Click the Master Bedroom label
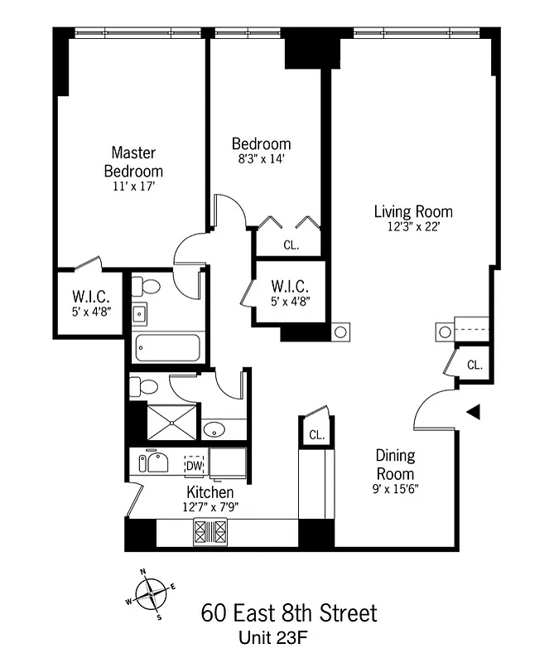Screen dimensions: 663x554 pyautogui.click(x=133, y=162)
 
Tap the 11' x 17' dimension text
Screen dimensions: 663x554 pyautogui.click(x=133, y=187)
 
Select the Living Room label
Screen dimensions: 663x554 pyautogui.click(x=413, y=211)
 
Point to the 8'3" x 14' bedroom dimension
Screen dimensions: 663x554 pyautogui.click(x=261, y=159)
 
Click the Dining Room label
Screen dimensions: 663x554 pyautogui.click(x=396, y=465)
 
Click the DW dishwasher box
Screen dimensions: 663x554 pyautogui.click(x=194, y=465)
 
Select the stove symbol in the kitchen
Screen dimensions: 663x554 pyautogui.click(x=210, y=530)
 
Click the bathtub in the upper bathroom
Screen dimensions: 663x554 pyautogui.click(x=166, y=348)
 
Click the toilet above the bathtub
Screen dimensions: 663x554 pyautogui.click(x=151, y=286)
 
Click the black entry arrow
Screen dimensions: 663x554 pyautogui.click(x=473, y=411)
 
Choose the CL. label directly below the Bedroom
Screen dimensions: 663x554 pyautogui.click(x=291, y=245)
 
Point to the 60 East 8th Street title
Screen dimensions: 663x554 pyautogui.click(x=288, y=613)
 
